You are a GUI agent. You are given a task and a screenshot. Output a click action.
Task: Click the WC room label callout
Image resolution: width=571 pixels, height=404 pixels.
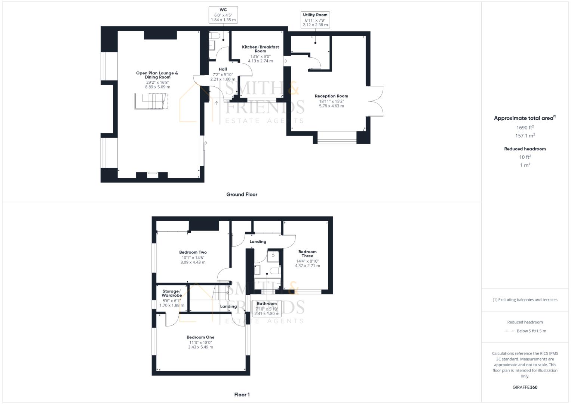(x=223, y=15)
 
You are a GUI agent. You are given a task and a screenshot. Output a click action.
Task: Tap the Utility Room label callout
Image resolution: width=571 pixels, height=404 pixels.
(x=315, y=20)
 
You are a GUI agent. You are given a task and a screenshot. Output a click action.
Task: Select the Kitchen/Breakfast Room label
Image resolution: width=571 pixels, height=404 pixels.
(x=260, y=49)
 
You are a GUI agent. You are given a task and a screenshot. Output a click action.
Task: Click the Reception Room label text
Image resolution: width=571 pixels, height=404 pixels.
(x=331, y=96)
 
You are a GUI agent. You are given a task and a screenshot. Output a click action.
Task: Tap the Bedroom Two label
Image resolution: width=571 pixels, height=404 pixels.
(x=193, y=252)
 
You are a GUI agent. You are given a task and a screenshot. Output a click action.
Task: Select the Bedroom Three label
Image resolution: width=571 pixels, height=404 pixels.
(x=307, y=254)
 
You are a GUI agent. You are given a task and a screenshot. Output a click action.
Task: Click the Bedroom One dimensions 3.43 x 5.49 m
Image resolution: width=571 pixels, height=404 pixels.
(x=200, y=347)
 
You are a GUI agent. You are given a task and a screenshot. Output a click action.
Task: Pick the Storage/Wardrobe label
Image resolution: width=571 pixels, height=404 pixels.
(x=172, y=293)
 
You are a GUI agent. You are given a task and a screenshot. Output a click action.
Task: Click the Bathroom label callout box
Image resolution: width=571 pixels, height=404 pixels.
(x=267, y=309)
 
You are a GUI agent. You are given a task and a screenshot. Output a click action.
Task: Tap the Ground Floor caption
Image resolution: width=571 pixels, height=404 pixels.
(x=242, y=195)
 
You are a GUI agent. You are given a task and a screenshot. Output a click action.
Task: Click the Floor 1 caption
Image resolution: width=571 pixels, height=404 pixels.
(x=242, y=395)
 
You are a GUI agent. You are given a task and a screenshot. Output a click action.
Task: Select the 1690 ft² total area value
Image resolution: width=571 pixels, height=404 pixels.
(x=525, y=128)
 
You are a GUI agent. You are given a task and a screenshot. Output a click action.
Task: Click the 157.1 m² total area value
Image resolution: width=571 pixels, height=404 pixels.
(x=525, y=136)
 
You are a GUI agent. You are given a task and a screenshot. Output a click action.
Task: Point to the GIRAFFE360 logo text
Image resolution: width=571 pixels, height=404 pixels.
(x=525, y=387)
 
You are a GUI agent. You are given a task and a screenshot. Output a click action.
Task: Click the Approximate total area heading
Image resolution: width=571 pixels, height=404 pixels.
(x=524, y=118)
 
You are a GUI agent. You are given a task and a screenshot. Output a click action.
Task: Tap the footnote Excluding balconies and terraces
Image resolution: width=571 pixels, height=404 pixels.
(x=525, y=300)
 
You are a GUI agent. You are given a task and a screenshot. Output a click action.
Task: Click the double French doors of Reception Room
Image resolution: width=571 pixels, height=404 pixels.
(x=377, y=101)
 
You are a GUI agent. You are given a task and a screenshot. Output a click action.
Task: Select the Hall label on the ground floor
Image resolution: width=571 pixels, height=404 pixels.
(x=223, y=69)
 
